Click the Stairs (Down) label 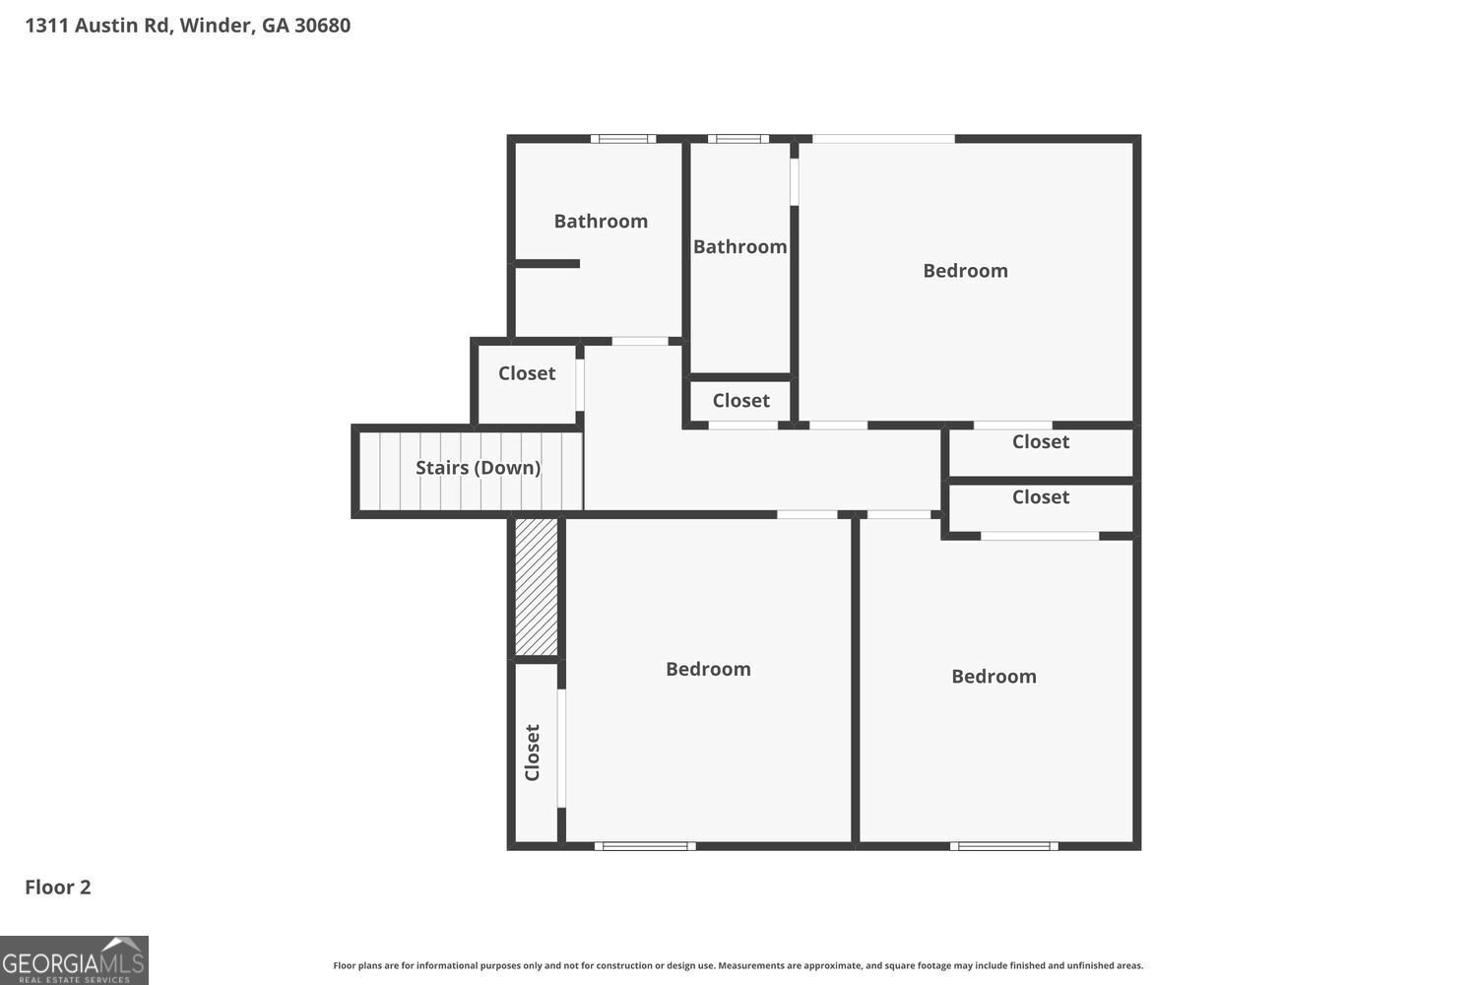pyautogui.click(x=478, y=468)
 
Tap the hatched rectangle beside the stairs pyautogui.click(x=537, y=587)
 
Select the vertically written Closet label pyautogui.click(x=533, y=753)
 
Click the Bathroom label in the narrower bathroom pyautogui.click(x=739, y=247)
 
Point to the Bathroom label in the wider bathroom pyautogui.click(x=601, y=222)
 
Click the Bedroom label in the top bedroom pyautogui.click(x=965, y=271)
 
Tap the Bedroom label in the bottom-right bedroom pyautogui.click(x=994, y=677)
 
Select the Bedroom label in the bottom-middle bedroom pyautogui.click(x=708, y=670)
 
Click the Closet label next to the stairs pyautogui.click(x=527, y=373)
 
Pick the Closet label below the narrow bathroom pyautogui.click(x=740, y=401)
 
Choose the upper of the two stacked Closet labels pyautogui.click(x=1041, y=442)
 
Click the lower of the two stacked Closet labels pyautogui.click(x=1041, y=497)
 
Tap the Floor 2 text pyautogui.click(x=58, y=886)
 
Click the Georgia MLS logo pyautogui.click(x=74, y=960)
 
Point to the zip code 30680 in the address pyautogui.click(x=322, y=26)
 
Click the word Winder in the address pyautogui.click(x=216, y=26)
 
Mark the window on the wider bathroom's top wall pyautogui.click(x=623, y=139)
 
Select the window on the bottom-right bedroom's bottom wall pyautogui.click(x=1004, y=845)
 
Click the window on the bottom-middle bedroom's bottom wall pyautogui.click(x=645, y=845)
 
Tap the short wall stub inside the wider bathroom pyautogui.click(x=547, y=263)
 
